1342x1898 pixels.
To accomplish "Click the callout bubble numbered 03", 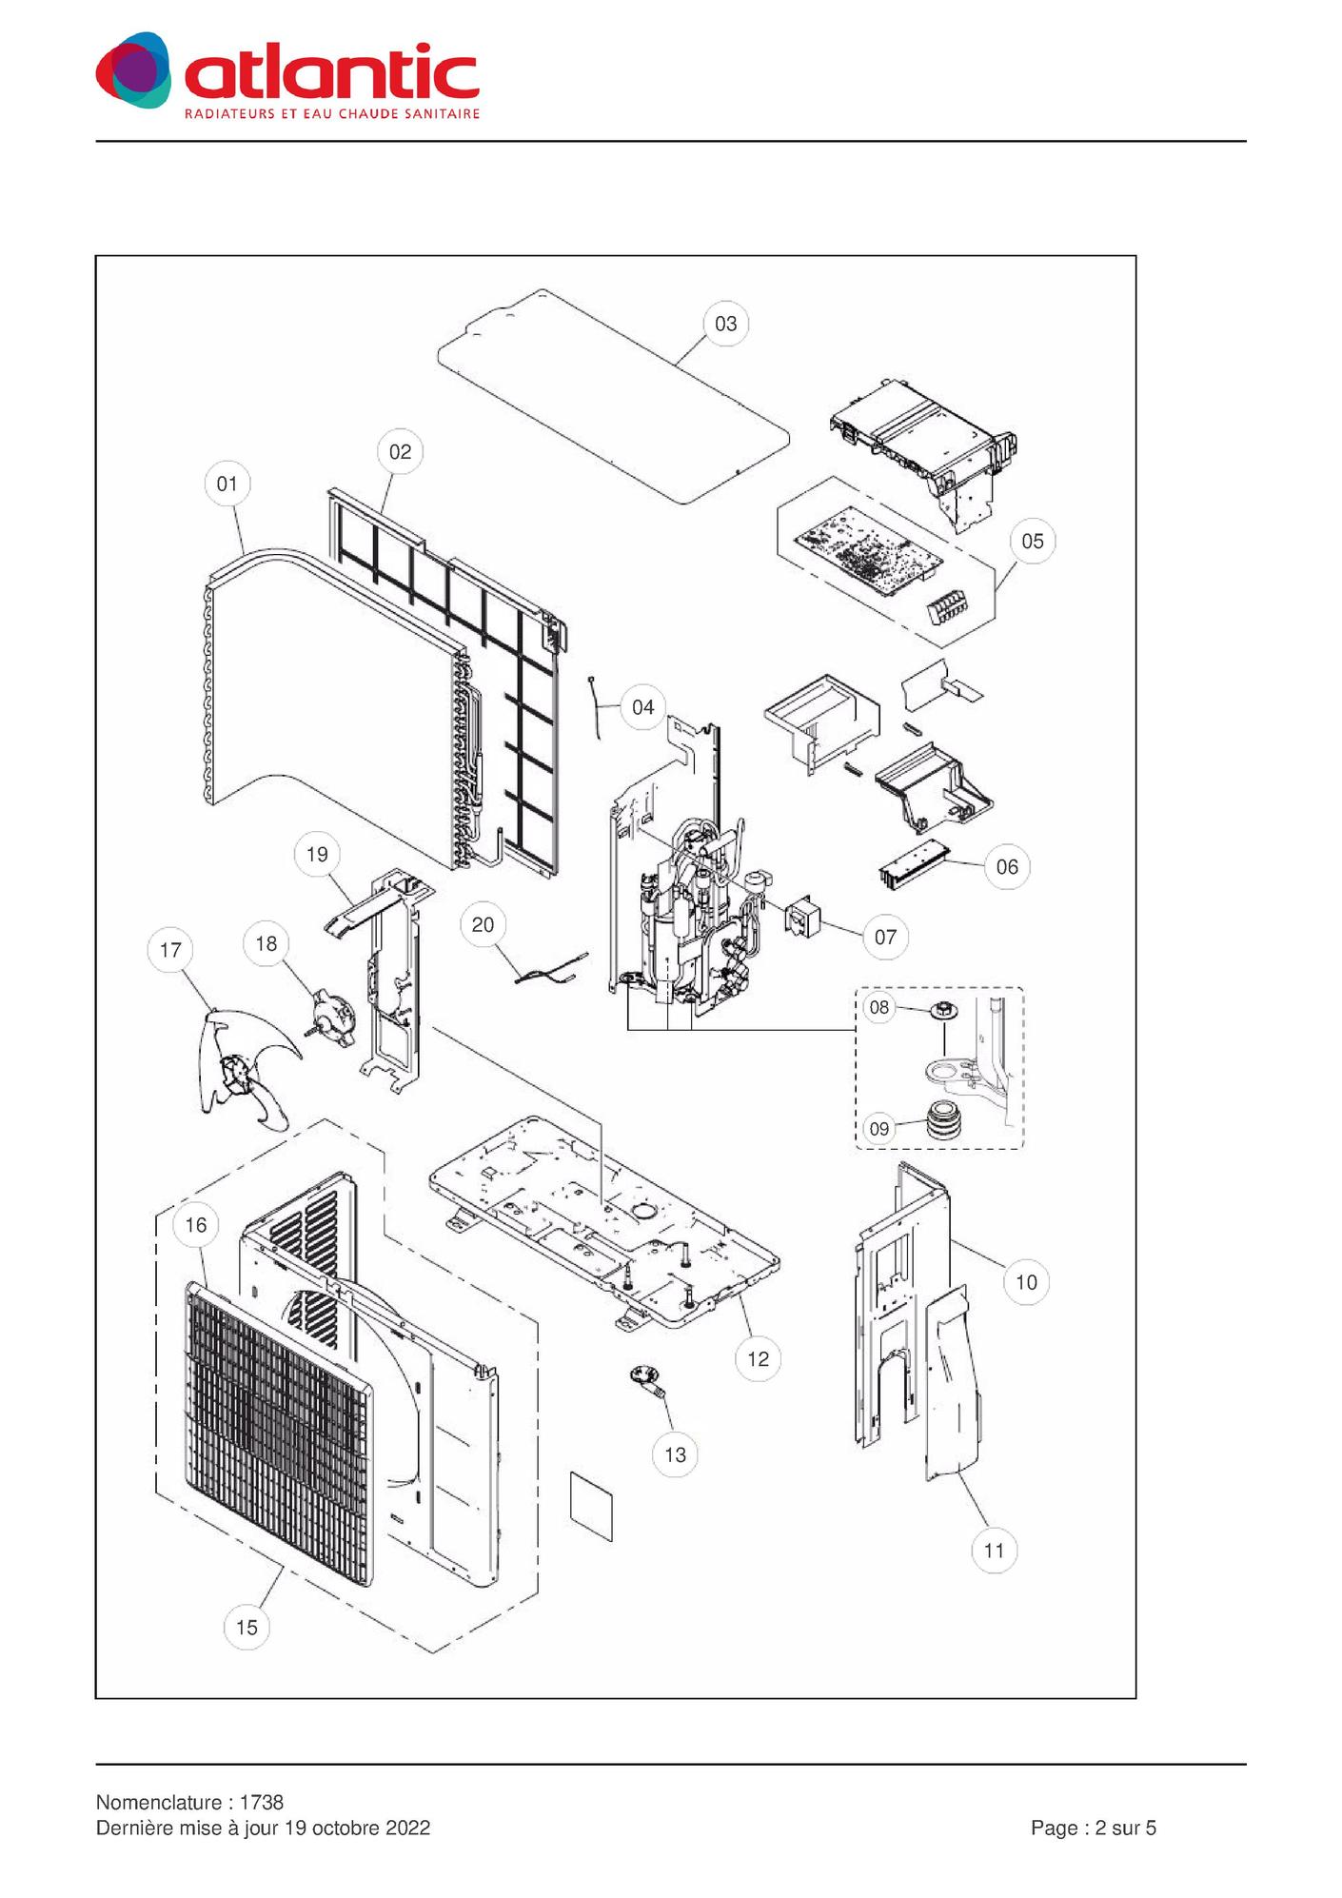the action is coord(726,324).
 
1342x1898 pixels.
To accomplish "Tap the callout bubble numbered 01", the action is coord(227,484).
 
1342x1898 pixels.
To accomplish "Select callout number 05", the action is coord(1033,541).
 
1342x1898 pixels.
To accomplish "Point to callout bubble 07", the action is coord(885,937).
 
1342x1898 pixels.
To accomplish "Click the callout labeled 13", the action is coord(675,1454).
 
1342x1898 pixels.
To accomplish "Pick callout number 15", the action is coord(247,1627).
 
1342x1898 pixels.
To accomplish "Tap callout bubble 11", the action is coord(994,1551).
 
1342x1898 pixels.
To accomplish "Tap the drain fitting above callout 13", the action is coord(646,1379).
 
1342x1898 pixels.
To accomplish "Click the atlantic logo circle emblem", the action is coord(134,69).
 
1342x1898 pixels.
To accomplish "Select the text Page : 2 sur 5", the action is coord(1094,1828).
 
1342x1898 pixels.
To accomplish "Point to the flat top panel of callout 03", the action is coord(614,396).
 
